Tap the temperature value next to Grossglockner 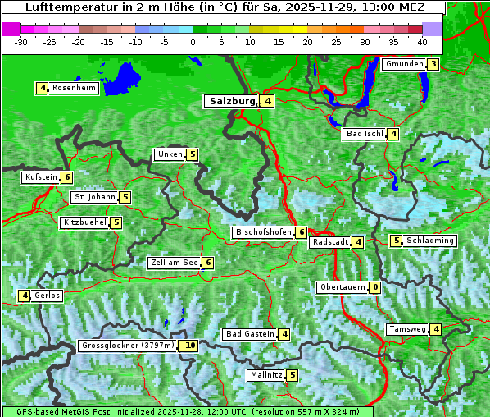click(x=188, y=346)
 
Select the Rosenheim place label click(x=74, y=88)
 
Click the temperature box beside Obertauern click(x=374, y=287)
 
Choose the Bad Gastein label click(x=250, y=334)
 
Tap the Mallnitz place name click(x=265, y=375)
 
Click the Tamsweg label click(x=407, y=329)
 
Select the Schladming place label click(x=430, y=241)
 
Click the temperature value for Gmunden click(x=433, y=64)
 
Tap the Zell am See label click(x=175, y=263)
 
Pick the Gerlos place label click(x=47, y=296)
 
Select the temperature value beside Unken click(x=192, y=154)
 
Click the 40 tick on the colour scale click(x=421, y=42)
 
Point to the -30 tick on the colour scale click(x=21, y=42)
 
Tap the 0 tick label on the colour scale click(x=193, y=42)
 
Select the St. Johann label click(x=94, y=197)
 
